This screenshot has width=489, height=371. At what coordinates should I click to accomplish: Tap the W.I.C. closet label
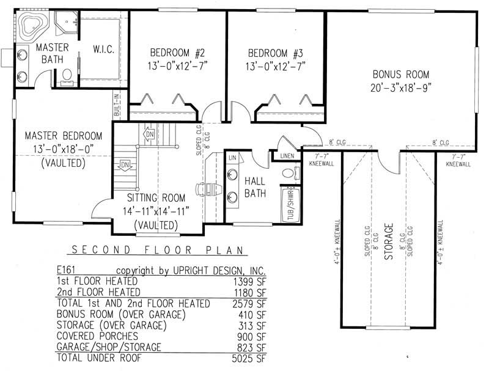tap(101, 48)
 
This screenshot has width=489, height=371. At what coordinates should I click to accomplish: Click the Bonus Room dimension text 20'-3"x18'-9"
tap(402, 87)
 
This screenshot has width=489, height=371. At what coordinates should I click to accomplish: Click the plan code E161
tap(67, 269)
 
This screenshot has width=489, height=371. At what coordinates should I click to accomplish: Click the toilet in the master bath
tap(67, 75)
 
